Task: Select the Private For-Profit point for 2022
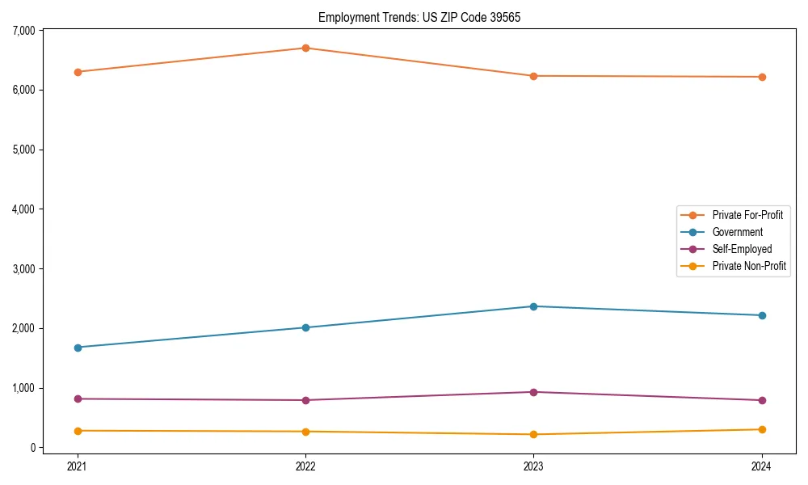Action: (305, 48)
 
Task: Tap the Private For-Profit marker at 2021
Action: (78, 72)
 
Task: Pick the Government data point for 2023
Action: (533, 306)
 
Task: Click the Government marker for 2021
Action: (78, 348)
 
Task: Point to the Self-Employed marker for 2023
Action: (533, 392)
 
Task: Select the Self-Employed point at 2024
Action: (762, 400)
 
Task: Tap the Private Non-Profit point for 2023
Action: (533, 434)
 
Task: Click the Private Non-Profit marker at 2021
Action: (78, 431)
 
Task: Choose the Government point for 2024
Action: (762, 315)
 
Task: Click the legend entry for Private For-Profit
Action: (747, 215)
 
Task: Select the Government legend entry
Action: (737, 232)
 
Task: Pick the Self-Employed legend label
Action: (742, 249)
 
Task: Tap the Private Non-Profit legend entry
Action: (749, 266)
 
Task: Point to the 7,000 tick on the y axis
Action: (24, 31)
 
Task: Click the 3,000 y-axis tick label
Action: (24, 268)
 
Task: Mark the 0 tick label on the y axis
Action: (33, 448)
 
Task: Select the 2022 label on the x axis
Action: (305, 466)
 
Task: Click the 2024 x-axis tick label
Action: (762, 466)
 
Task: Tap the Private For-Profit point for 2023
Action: (533, 76)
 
